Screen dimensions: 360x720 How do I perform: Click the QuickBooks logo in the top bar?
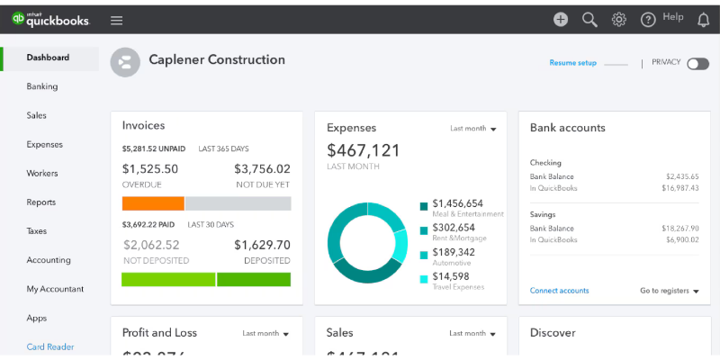pyautogui.click(x=50, y=19)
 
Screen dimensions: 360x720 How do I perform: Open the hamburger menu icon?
pyautogui.click(x=116, y=20)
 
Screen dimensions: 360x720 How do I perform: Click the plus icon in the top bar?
pyautogui.click(x=561, y=19)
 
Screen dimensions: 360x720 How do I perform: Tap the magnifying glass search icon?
pyautogui.click(x=589, y=19)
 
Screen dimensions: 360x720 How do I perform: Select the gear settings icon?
pyautogui.click(x=618, y=19)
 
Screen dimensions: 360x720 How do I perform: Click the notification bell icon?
pyautogui.click(x=703, y=20)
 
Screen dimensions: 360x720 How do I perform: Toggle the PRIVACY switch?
pyautogui.click(x=697, y=63)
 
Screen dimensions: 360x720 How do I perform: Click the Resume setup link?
pyautogui.click(x=572, y=63)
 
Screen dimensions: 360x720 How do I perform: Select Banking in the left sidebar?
pyautogui.click(x=42, y=86)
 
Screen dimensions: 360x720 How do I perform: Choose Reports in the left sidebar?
pyautogui.click(x=41, y=202)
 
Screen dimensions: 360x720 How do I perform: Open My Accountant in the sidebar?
pyautogui.click(x=55, y=289)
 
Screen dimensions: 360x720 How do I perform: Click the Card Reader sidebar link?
pyautogui.click(x=50, y=346)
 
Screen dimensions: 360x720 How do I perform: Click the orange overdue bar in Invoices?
pyautogui.click(x=153, y=203)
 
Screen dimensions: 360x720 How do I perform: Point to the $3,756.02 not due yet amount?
pyautogui.click(x=262, y=169)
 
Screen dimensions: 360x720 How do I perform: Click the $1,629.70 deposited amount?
pyautogui.click(x=262, y=245)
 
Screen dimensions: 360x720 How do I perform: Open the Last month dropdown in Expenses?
pyautogui.click(x=473, y=129)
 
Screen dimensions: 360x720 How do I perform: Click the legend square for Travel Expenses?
pyautogui.click(x=424, y=278)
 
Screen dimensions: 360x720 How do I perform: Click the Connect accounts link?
pyautogui.click(x=559, y=291)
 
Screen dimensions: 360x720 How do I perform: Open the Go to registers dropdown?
pyautogui.click(x=670, y=291)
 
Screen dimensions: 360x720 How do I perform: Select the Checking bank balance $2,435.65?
pyautogui.click(x=682, y=176)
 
